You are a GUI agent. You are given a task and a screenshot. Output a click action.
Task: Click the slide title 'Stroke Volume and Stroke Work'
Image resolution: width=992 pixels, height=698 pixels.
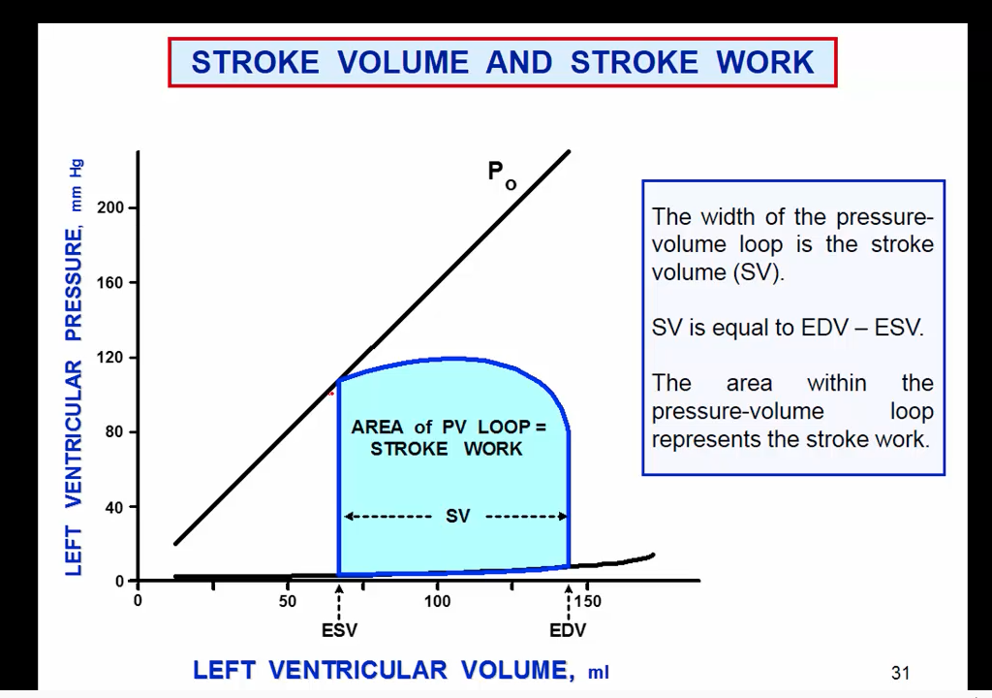tap(502, 63)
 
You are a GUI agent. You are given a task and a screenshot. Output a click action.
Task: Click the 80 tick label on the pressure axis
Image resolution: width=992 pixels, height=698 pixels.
tap(114, 432)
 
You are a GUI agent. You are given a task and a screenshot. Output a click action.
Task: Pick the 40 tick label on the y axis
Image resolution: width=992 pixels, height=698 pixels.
tap(114, 507)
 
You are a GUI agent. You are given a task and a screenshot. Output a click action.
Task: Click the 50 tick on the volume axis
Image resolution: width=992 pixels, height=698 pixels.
tap(288, 601)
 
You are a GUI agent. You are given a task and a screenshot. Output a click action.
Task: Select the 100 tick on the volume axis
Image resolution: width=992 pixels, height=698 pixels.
tap(437, 601)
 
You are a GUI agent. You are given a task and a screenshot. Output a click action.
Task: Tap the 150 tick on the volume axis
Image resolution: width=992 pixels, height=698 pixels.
tap(587, 601)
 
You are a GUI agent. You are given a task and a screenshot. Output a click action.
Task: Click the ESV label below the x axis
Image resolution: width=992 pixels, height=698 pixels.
tap(339, 630)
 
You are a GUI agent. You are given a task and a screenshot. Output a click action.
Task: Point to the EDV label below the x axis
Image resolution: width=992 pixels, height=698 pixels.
tap(568, 630)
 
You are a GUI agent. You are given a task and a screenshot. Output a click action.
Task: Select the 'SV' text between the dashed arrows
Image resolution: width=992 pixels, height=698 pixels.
tap(457, 517)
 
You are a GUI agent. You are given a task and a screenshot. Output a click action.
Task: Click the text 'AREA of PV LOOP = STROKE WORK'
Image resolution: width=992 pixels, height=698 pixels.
tap(448, 437)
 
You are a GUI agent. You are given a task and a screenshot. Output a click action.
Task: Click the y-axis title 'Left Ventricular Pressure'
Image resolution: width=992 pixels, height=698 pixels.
tap(75, 368)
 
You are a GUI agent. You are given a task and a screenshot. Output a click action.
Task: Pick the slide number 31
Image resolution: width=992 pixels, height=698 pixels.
tap(900, 673)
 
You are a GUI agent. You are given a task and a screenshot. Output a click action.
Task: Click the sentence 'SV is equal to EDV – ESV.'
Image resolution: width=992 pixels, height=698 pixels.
tap(788, 328)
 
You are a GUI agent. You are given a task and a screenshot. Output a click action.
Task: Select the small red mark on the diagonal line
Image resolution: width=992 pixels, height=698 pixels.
tap(331, 393)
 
